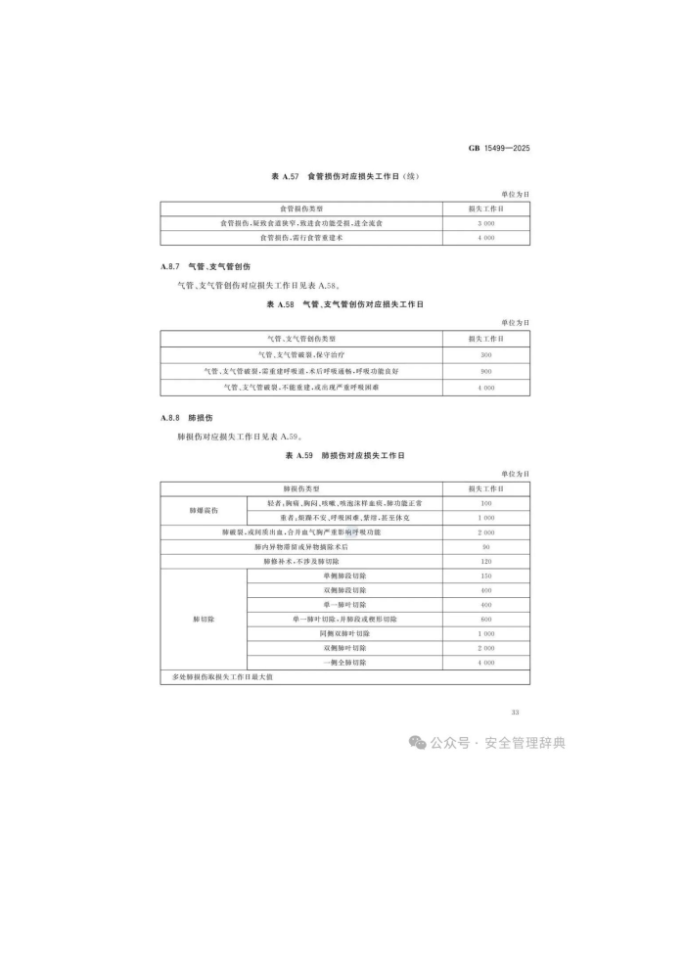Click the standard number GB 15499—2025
point(499,148)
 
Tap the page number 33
point(516,712)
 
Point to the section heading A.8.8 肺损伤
point(185,417)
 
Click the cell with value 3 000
point(485,223)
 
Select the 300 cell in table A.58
point(485,354)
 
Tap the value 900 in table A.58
point(485,371)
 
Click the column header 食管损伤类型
point(300,208)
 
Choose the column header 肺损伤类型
point(300,487)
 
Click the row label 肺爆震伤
point(204,510)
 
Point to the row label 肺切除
point(204,620)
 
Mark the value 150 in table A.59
point(485,577)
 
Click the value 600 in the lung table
point(485,620)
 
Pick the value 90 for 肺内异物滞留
point(485,546)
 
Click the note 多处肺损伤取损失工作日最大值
point(216,677)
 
